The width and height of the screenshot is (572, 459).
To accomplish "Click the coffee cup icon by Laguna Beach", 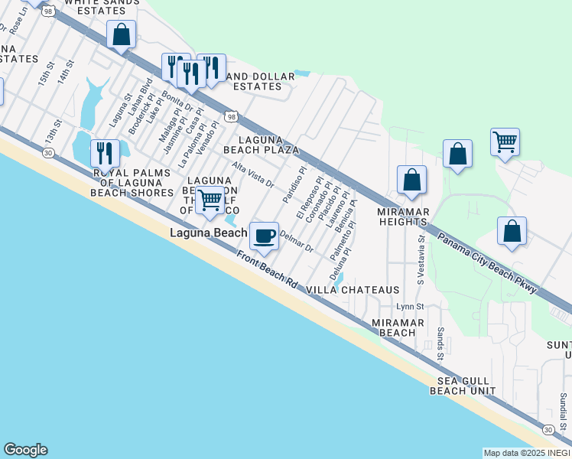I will click(x=265, y=236).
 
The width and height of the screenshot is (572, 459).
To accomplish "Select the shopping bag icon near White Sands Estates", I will click(x=121, y=34).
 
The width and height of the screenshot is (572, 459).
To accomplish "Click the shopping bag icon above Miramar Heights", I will click(x=411, y=180).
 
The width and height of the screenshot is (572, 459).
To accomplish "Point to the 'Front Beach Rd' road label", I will click(x=266, y=270).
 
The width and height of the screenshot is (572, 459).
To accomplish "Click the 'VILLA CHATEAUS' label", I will click(x=353, y=291).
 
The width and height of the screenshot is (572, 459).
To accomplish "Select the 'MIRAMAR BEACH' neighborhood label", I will click(x=393, y=327).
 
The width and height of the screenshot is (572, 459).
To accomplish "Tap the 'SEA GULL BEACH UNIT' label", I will click(x=466, y=386).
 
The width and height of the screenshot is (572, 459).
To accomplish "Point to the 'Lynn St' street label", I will click(x=410, y=307).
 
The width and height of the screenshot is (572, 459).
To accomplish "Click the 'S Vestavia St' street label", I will click(x=421, y=259).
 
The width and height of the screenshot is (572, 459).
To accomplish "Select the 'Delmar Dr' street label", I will click(x=297, y=243).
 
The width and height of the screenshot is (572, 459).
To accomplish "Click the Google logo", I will click(x=25, y=450).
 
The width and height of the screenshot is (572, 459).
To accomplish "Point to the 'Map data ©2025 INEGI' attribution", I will click(x=526, y=453).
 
